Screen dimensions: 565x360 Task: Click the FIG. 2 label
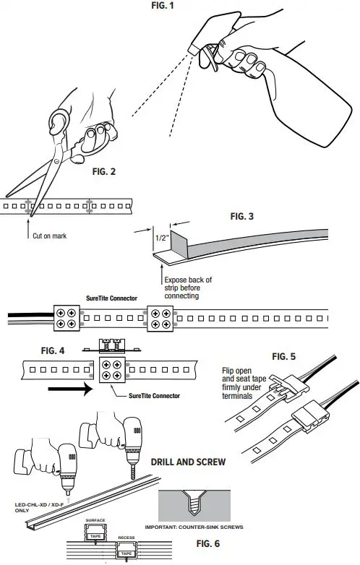coord(109,173)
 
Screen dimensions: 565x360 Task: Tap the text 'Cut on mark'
coord(48,236)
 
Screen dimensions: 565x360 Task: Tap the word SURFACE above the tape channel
coord(95,519)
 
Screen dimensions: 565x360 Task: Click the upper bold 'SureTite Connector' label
coord(101,297)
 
